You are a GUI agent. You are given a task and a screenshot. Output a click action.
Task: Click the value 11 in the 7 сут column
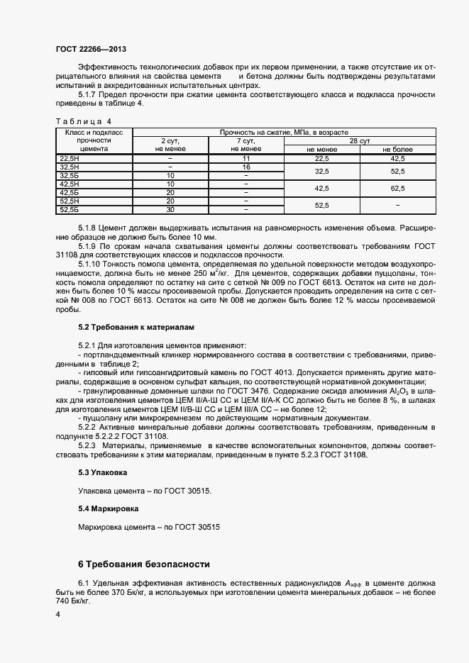(x=246, y=158)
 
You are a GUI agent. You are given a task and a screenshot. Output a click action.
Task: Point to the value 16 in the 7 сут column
(x=246, y=167)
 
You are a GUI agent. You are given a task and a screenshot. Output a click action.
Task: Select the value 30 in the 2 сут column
(x=170, y=209)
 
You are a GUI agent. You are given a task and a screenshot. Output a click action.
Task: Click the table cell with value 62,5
(x=397, y=189)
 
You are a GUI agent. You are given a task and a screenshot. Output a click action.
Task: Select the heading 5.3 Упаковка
(x=102, y=472)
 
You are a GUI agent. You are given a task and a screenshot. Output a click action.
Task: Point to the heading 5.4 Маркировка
(x=108, y=508)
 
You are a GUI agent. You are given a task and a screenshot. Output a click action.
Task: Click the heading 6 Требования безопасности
(x=144, y=564)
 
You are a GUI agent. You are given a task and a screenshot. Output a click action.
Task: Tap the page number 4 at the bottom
(x=57, y=615)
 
